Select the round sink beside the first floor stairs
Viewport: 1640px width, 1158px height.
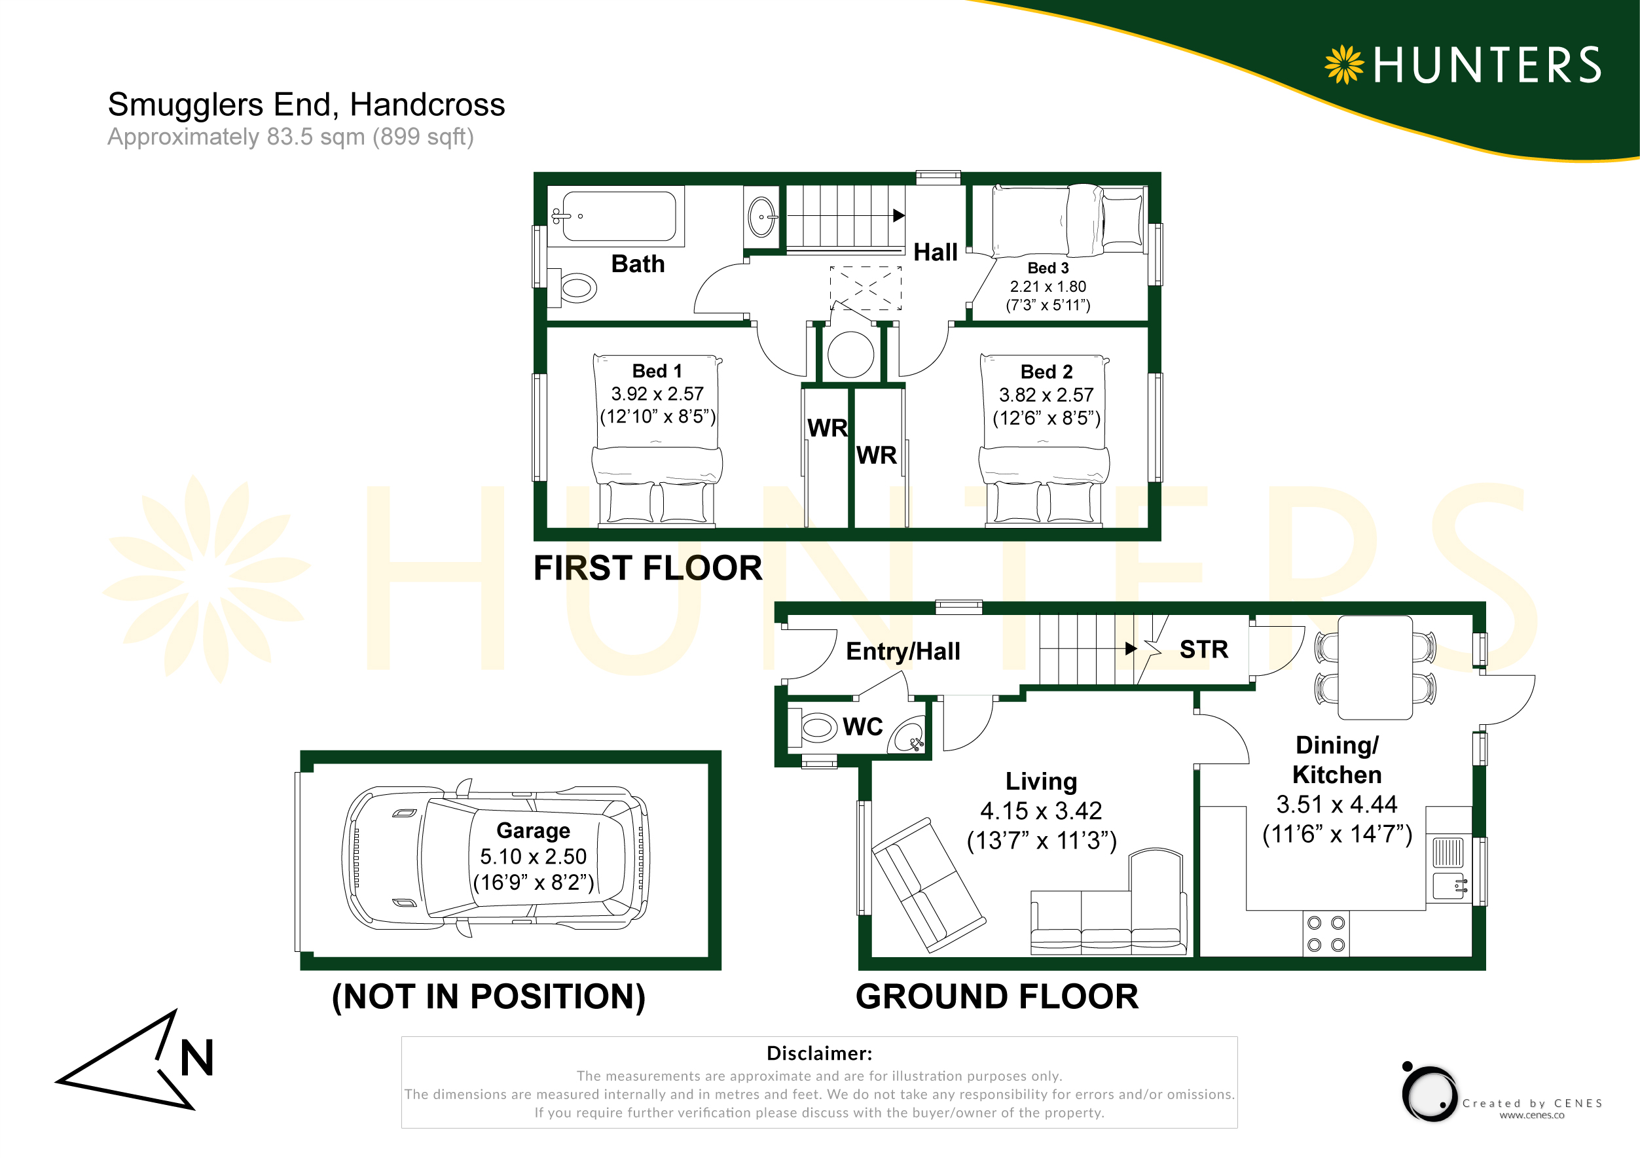pos(761,217)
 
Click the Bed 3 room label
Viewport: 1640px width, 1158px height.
pos(1048,268)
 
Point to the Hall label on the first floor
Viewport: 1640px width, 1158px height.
pos(936,252)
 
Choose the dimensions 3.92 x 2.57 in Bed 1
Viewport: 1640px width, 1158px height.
pos(657,393)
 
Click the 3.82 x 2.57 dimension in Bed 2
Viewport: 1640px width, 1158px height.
pos(1046,395)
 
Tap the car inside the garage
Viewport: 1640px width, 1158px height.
pos(496,858)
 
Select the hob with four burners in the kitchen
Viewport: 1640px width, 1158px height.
pos(1326,934)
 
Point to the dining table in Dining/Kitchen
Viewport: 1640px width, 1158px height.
pos(1375,667)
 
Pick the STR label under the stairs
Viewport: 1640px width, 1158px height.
pos(1203,649)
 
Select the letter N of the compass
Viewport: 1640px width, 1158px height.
pos(196,1057)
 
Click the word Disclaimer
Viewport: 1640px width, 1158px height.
pos(818,1053)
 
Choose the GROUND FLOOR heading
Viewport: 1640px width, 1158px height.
pos(996,996)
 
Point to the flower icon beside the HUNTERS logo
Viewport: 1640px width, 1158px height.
pos(1344,65)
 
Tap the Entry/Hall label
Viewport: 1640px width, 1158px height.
pos(903,651)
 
